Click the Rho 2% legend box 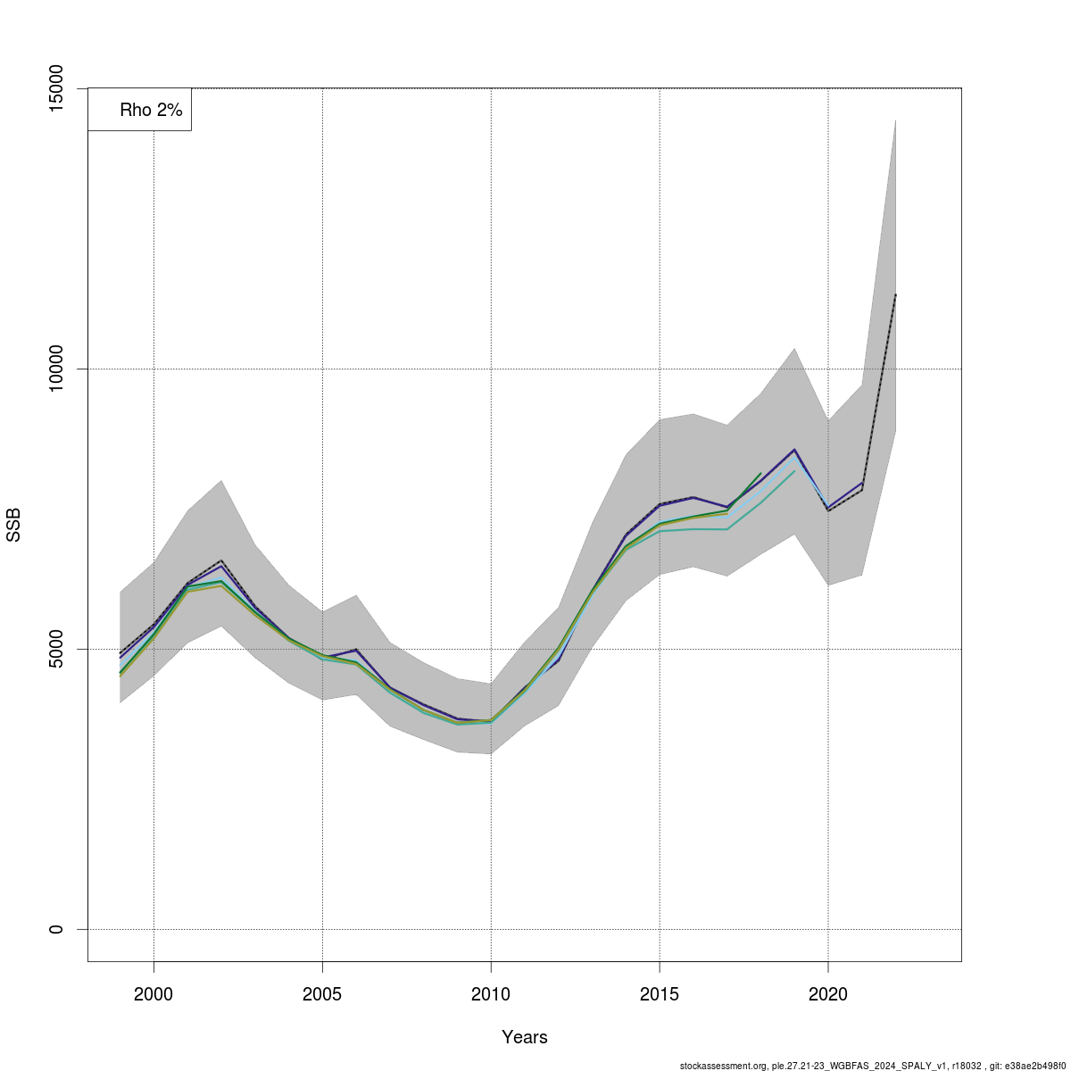140,110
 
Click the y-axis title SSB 14,525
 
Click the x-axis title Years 525,1037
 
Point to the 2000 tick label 154,994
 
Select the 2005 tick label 322,994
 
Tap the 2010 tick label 491,994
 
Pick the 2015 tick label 660,994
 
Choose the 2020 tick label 828,994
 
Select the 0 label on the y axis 56,929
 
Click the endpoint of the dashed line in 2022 895,295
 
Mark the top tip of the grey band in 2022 895,120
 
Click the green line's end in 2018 760,474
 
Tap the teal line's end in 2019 794,471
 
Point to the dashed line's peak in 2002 221,560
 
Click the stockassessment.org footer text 873,1066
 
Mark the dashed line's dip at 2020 828,511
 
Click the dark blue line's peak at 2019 794,450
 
